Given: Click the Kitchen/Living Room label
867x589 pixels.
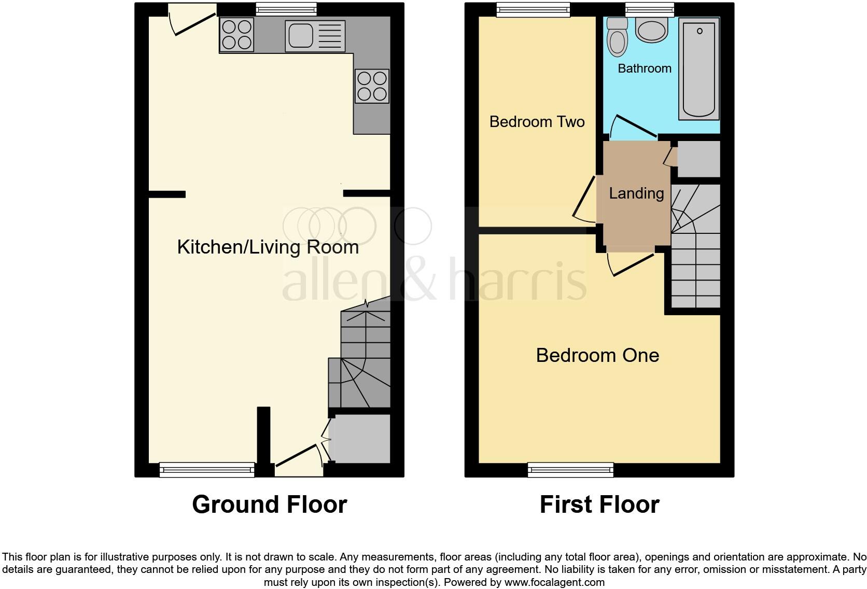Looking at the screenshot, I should pos(268,247).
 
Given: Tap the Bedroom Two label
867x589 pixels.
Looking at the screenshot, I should pos(537,122).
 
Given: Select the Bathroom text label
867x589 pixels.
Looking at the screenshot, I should pos(645,68).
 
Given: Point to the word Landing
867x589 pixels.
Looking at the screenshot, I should pos(636,193).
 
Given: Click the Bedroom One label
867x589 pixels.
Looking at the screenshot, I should pos(597,355).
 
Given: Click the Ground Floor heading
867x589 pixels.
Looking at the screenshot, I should pos(269,504).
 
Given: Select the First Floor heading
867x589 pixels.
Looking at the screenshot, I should pos(599,504).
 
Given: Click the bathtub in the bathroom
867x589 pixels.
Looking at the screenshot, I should pos(699,67).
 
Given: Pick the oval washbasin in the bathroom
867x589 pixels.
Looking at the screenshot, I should pos(652,30).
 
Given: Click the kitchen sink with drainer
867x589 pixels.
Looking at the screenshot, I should pos(315,36).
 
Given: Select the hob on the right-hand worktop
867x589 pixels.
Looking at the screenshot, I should pos(372,86).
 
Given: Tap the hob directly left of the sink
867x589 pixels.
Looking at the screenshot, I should pos(237,35).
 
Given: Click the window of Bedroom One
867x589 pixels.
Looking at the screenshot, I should pos(570,470).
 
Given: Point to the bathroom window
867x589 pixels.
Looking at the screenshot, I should pos(650,9).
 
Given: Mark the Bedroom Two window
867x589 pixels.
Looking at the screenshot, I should pos(533,9).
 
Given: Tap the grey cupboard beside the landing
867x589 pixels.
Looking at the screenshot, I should pos(698,159).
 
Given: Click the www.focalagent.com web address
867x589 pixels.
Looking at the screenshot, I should pos(554,582).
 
